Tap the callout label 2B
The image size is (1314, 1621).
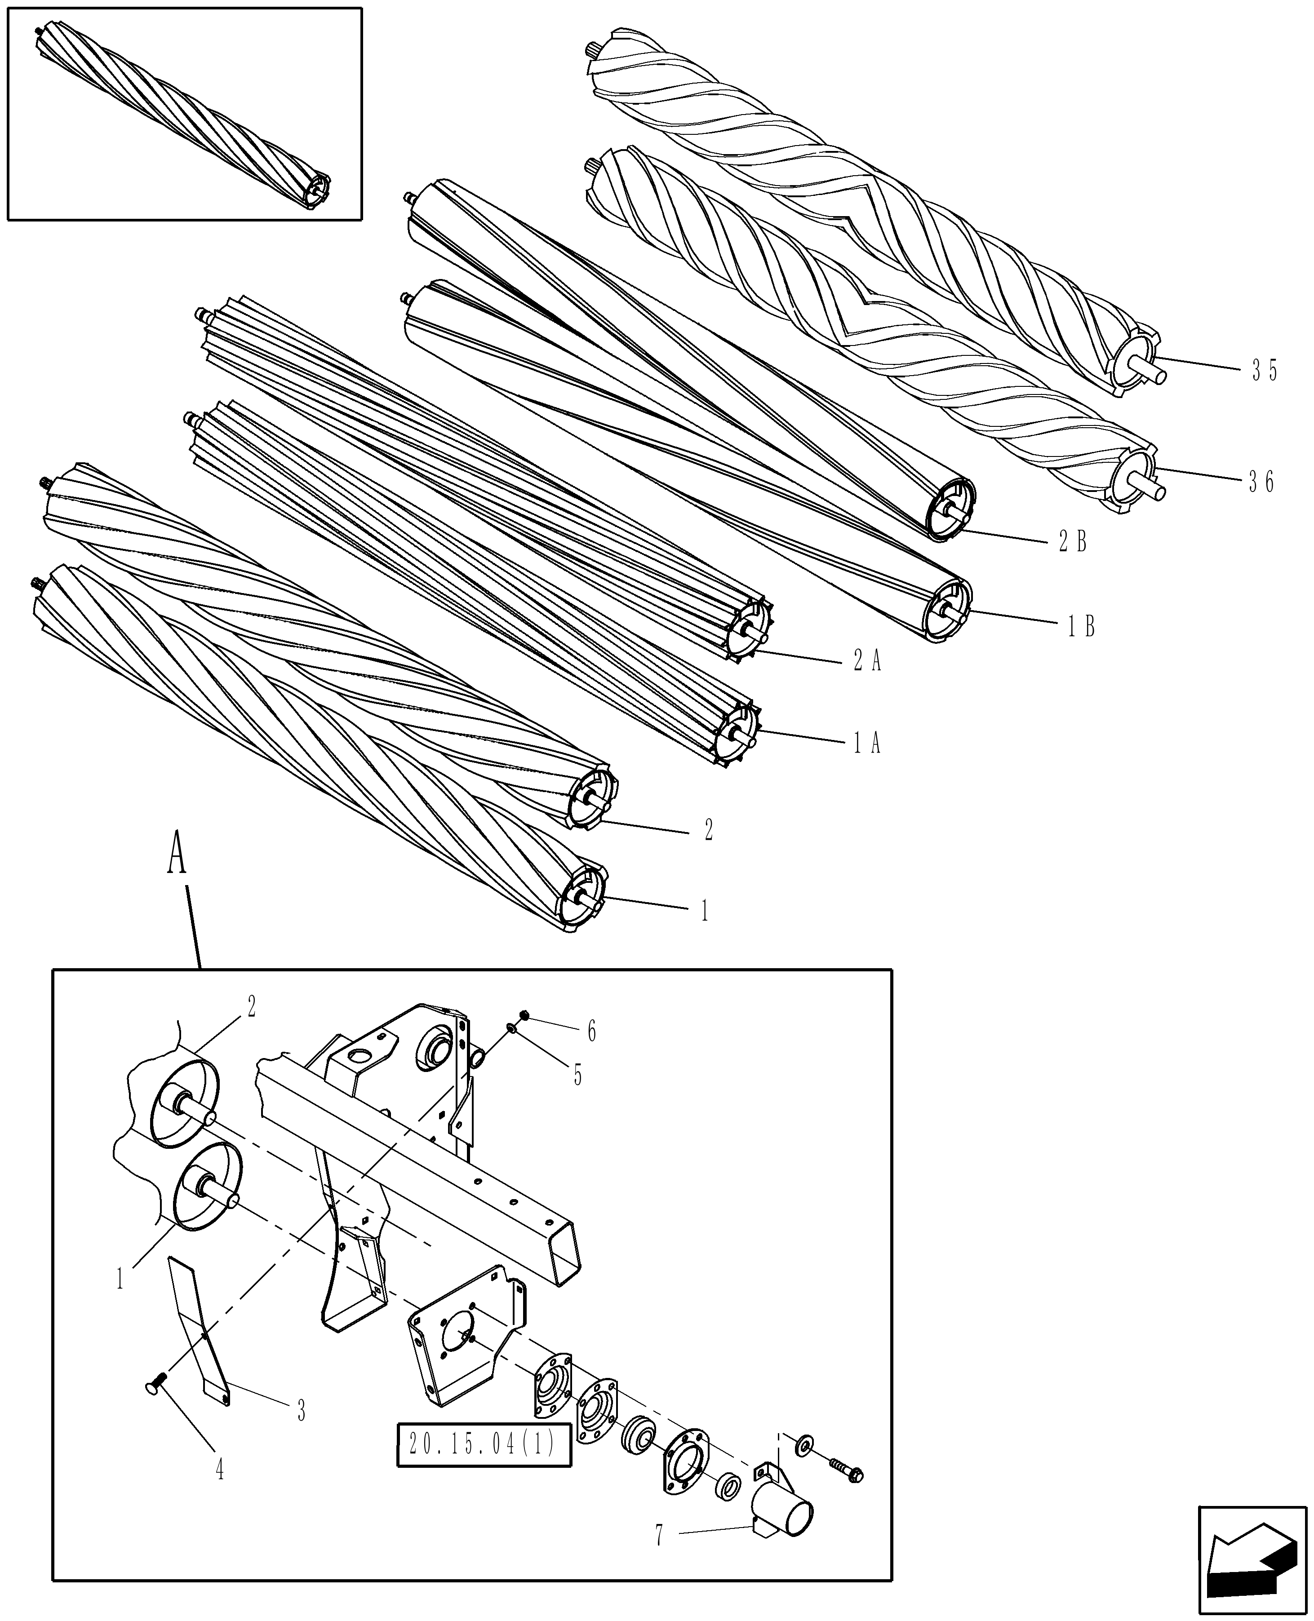coord(1073,542)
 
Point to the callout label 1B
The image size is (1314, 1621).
coord(1081,627)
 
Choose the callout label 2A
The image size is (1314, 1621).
coord(867,662)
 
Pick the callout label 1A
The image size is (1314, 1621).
coord(867,744)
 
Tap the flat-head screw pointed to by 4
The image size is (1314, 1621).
coord(155,1382)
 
